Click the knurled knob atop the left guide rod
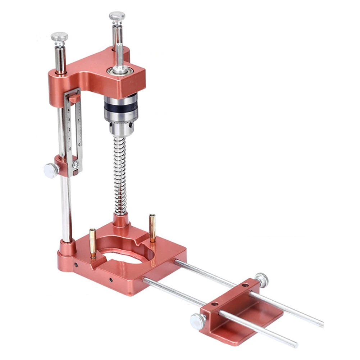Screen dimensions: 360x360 pos(59,36)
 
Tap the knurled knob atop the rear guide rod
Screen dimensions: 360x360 pos(117,16)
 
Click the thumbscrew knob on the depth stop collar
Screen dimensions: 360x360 pos(51,170)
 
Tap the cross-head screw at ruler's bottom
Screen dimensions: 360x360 pos(76,165)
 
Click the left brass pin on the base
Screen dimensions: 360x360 pos(93,243)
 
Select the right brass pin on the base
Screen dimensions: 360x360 pos(152,227)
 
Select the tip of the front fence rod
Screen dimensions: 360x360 pos(296,345)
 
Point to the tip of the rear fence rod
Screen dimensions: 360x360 pos(321,325)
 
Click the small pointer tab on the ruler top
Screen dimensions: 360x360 pos(74,97)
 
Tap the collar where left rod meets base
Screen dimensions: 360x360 pos(67,246)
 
